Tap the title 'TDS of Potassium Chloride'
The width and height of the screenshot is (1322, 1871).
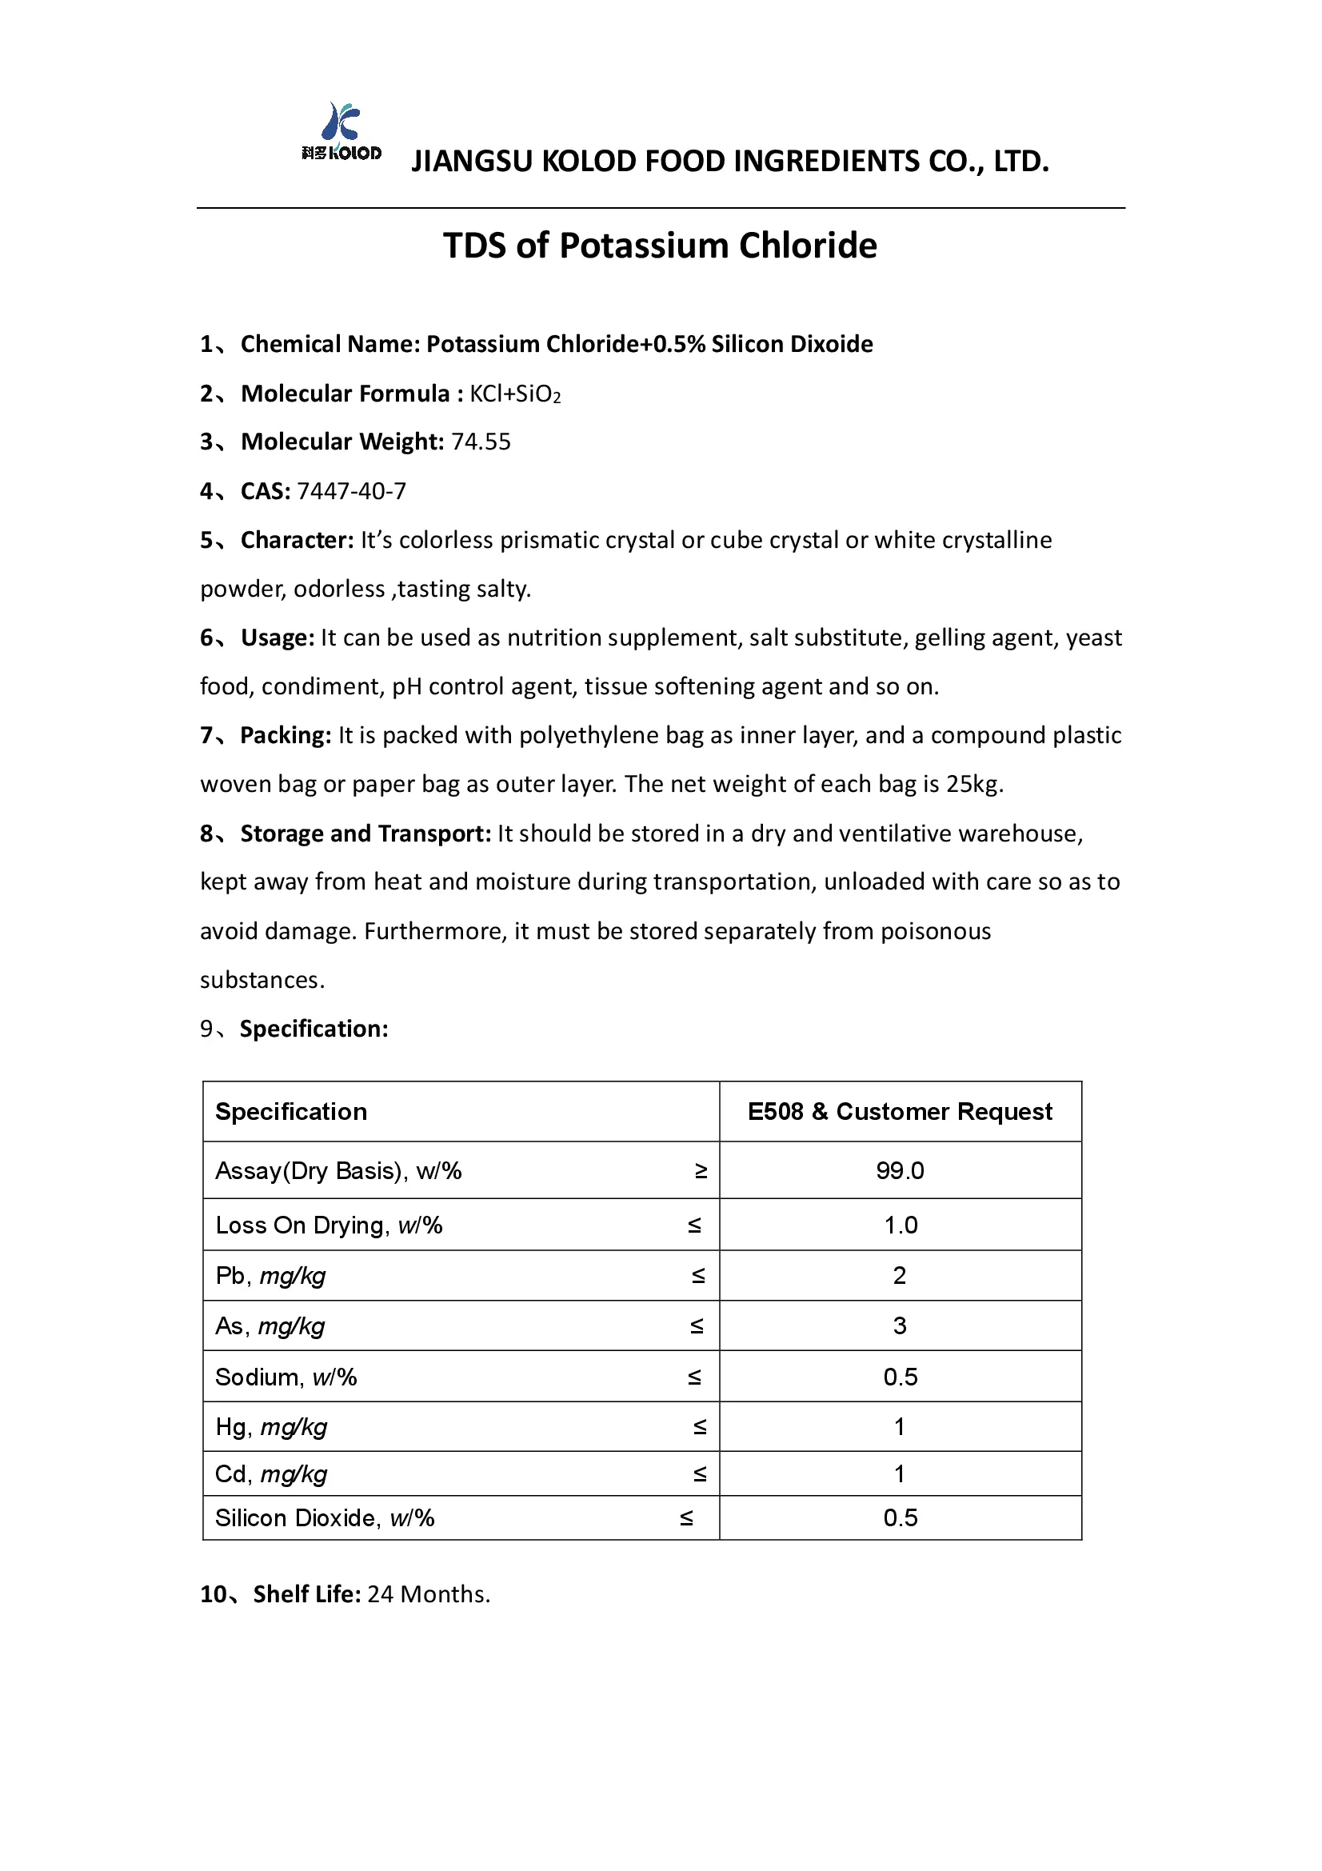click(660, 246)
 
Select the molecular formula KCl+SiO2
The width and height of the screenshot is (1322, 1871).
click(515, 394)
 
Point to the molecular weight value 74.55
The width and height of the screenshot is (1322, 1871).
click(481, 442)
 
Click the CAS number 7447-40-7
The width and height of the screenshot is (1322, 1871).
click(351, 490)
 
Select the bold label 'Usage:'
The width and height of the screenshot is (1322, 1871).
click(277, 638)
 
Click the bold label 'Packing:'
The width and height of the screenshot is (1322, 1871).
click(285, 735)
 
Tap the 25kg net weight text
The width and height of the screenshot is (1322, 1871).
click(972, 784)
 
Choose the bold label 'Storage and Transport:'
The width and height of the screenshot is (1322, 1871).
click(365, 834)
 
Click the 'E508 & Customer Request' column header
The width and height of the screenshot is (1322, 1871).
click(899, 1112)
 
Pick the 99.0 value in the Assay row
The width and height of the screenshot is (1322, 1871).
click(899, 1171)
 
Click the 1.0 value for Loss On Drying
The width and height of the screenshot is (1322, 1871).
click(900, 1225)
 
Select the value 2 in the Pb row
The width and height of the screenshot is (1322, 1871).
click(899, 1275)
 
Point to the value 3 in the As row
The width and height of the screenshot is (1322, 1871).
click(899, 1325)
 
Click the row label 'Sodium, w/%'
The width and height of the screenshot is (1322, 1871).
click(286, 1377)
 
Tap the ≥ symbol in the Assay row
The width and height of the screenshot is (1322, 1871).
click(701, 1171)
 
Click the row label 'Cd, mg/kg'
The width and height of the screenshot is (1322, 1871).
click(271, 1473)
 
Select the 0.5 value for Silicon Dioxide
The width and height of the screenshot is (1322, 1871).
click(900, 1517)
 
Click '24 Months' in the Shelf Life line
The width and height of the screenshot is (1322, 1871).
click(428, 1594)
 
